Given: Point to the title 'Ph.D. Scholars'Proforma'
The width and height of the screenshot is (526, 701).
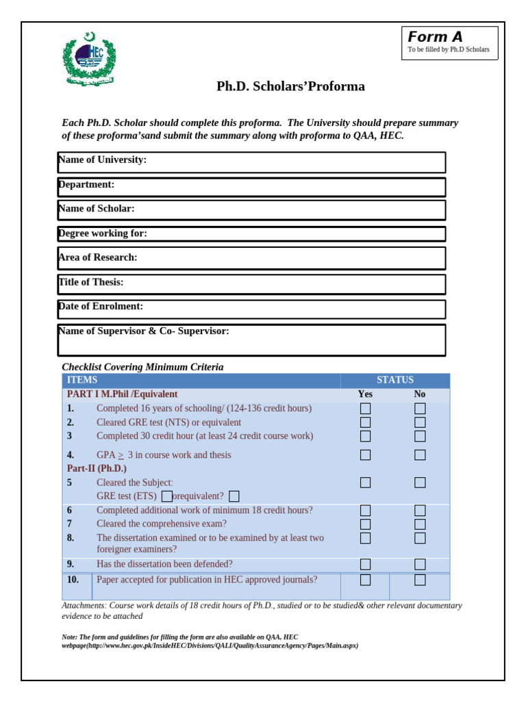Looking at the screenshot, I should pyautogui.click(x=290, y=86).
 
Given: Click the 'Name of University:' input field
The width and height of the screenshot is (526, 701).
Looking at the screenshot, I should pyautogui.click(x=251, y=162).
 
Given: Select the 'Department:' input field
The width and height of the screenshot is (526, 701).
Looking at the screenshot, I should pyautogui.click(x=251, y=187).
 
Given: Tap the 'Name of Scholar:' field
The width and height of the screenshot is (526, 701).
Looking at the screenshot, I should pyautogui.click(x=251, y=209).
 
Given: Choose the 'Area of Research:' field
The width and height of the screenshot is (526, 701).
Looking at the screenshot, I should pyautogui.click(x=251, y=258).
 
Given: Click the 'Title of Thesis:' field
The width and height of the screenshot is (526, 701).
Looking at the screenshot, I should pyautogui.click(x=251, y=284).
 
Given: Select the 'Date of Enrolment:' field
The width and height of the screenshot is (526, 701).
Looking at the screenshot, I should pyautogui.click(x=251, y=309).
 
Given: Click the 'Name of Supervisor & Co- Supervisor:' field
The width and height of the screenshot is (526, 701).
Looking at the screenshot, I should pyautogui.click(x=251, y=340).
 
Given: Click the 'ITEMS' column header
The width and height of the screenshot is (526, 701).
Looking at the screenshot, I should pyautogui.click(x=82, y=380).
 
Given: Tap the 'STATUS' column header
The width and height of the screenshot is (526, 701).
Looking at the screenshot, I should pyautogui.click(x=395, y=380).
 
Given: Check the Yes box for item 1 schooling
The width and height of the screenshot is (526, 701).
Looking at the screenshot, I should pyautogui.click(x=365, y=409).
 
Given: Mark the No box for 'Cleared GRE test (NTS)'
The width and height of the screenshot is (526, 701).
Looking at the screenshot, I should pyautogui.click(x=420, y=422).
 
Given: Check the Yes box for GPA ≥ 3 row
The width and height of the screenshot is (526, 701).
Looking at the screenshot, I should pyautogui.click(x=365, y=455).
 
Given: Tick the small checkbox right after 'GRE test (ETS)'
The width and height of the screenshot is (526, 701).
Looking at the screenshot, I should pyautogui.click(x=167, y=496).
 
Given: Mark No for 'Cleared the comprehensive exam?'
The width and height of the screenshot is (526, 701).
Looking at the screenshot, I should pyautogui.click(x=420, y=524).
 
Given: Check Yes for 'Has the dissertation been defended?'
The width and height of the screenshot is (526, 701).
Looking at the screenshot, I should pyautogui.click(x=365, y=564).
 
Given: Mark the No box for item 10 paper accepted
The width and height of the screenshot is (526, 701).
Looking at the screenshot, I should pyautogui.click(x=420, y=580).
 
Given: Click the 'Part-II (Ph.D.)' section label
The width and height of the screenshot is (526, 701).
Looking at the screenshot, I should pyautogui.click(x=97, y=468).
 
